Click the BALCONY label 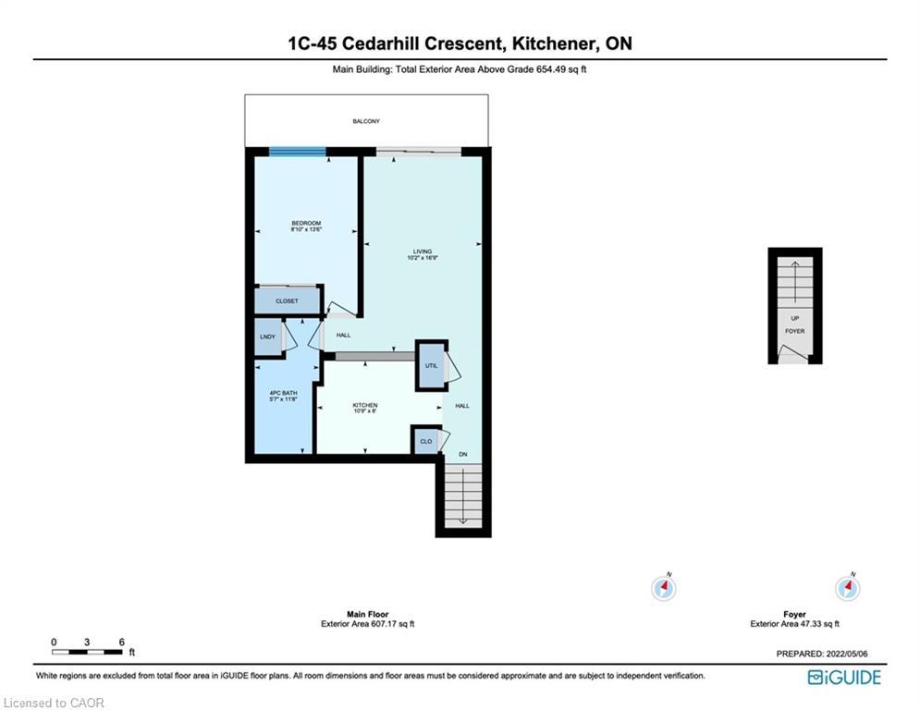point(365,121)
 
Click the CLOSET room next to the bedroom point(287,301)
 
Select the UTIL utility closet point(431,366)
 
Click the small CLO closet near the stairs point(425,442)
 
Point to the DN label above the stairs point(463,455)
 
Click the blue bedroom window point(297,152)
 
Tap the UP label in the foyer point(794,318)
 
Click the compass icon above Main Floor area point(664,587)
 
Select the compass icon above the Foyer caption point(847,587)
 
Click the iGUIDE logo point(843,678)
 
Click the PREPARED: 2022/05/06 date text point(821,655)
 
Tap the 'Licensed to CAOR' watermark point(54,704)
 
